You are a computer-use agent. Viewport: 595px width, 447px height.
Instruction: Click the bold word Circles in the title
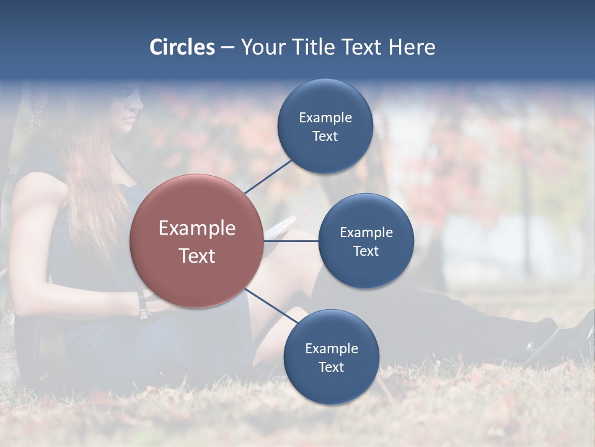pos(182,47)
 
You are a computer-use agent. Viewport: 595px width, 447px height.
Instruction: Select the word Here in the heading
pos(412,47)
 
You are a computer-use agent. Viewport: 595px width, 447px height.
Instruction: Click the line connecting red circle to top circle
pos(268,176)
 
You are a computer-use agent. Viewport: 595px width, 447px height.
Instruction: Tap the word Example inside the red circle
pos(197,228)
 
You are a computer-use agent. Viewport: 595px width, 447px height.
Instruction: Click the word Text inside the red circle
pos(197,256)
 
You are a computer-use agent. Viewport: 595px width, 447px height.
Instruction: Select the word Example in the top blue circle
pos(325,118)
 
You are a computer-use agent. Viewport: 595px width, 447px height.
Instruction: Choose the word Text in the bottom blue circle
pos(331,368)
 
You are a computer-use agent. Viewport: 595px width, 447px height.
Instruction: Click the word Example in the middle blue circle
pos(366,233)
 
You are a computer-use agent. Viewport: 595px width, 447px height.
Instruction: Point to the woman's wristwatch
pos(143,305)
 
